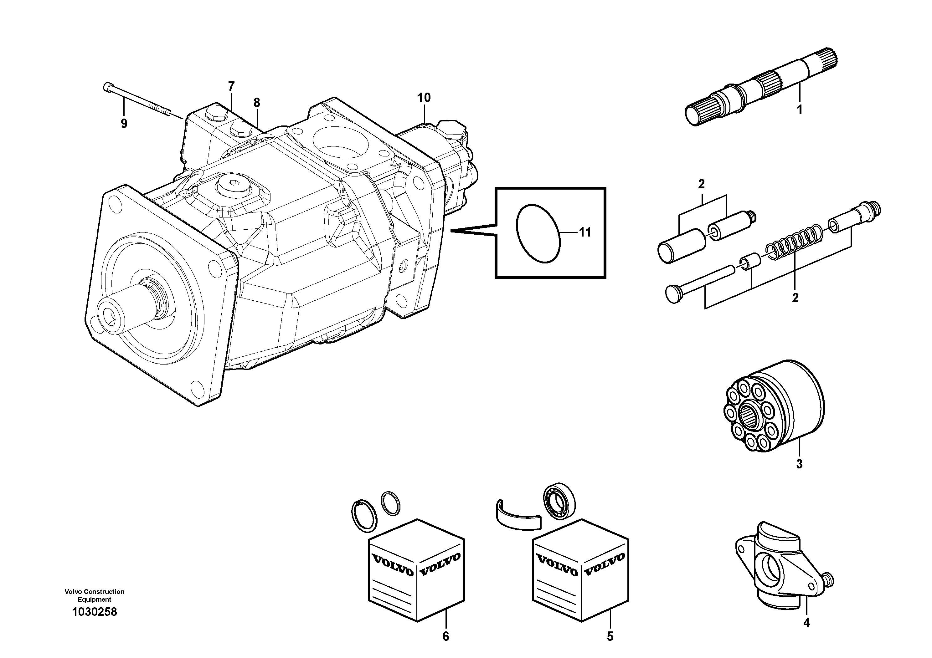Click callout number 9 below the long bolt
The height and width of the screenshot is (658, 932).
pyautogui.click(x=124, y=124)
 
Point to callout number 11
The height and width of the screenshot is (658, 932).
pyautogui.click(x=585, y=232)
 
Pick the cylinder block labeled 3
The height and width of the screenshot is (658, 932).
pyautogui.click(x=774, y=412)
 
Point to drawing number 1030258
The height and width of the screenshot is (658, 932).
pyautogui.click(x=94, y=612)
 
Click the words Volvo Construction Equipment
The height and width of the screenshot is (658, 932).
pyautogui.click(x=94, y=595)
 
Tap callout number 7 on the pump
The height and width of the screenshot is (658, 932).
pyautogui.click(x=231, y=86)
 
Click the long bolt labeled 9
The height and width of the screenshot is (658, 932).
pyautogui.click(x=140, y=101)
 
